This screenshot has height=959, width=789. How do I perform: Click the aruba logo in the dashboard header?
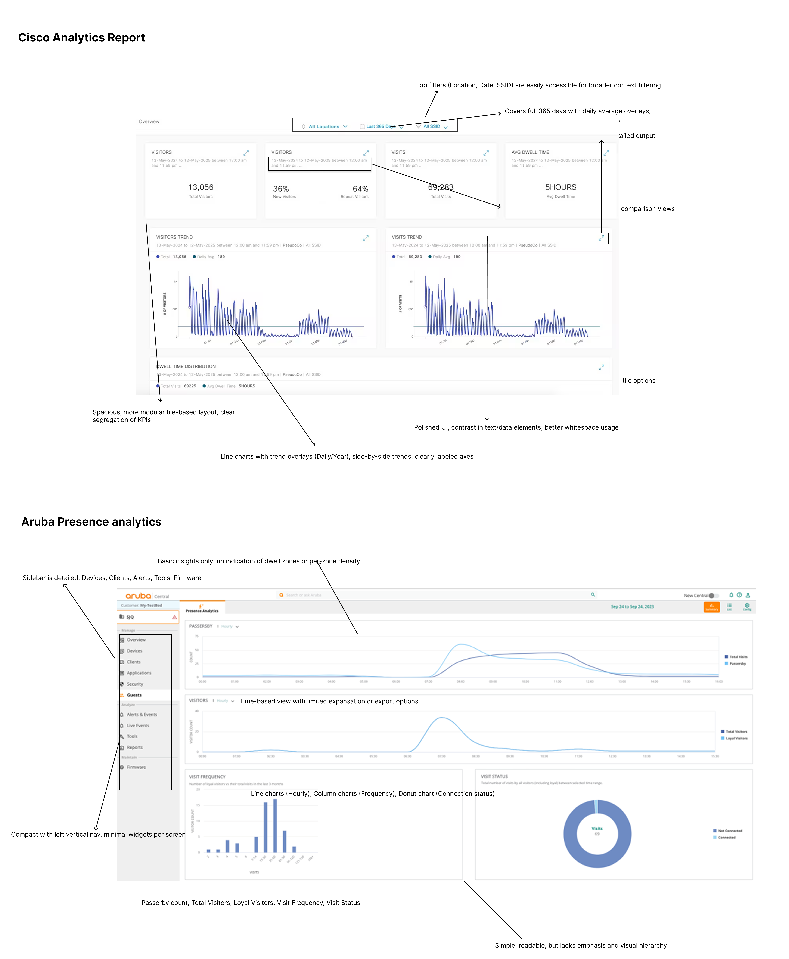click(138, 596)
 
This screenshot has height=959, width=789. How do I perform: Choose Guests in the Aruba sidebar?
click(134, 695)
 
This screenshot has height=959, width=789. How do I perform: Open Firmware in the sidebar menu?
click(136, 767)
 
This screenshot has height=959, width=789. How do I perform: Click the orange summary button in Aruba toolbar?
click(711, 607)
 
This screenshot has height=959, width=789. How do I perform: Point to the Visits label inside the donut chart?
click(597, 829)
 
